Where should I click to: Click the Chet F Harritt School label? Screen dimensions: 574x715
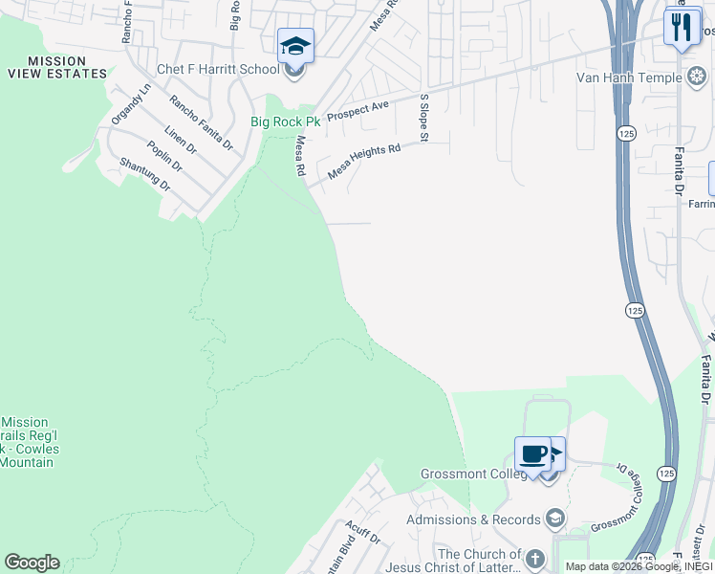[219, 70]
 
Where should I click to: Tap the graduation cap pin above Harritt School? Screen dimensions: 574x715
[295, 46]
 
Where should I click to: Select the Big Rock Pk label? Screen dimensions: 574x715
[286, 121]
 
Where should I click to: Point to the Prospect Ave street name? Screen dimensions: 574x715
[357, 110]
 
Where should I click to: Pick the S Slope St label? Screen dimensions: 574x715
[422, 119]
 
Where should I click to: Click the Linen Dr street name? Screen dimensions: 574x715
[180, 141]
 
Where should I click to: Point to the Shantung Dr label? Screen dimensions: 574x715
[144, 175]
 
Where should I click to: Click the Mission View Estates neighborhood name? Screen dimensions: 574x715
[56, 67]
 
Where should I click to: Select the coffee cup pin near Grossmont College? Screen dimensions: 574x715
[531, 453]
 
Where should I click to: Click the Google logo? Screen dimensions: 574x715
[32, 563]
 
